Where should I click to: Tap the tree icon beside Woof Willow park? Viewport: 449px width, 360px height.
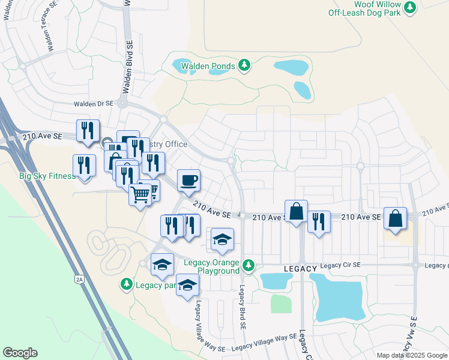(x=411, y=7)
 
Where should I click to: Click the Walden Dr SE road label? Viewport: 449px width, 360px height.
(x=94, y=104)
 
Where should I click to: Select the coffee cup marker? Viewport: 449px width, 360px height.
(x=188, y=180)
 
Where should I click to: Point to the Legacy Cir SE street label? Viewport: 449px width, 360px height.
(x=340, y=265)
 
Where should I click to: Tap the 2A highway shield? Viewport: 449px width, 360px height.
(x=79, y=280)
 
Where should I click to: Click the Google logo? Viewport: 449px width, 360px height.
(x=20, y=353)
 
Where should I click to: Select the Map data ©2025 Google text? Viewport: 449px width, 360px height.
(x=412, y=355)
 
